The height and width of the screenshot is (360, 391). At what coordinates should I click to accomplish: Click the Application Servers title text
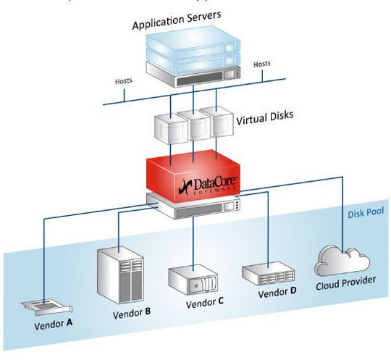click(187, 25)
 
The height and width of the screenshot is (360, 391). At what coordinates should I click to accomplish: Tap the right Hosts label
click(261, 64)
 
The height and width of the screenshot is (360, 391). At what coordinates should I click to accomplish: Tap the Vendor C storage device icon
click(193, 279)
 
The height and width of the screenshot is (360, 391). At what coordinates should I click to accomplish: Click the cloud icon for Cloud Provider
click(340, 259)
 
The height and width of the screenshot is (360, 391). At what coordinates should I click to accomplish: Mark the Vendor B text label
click(131, 314)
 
